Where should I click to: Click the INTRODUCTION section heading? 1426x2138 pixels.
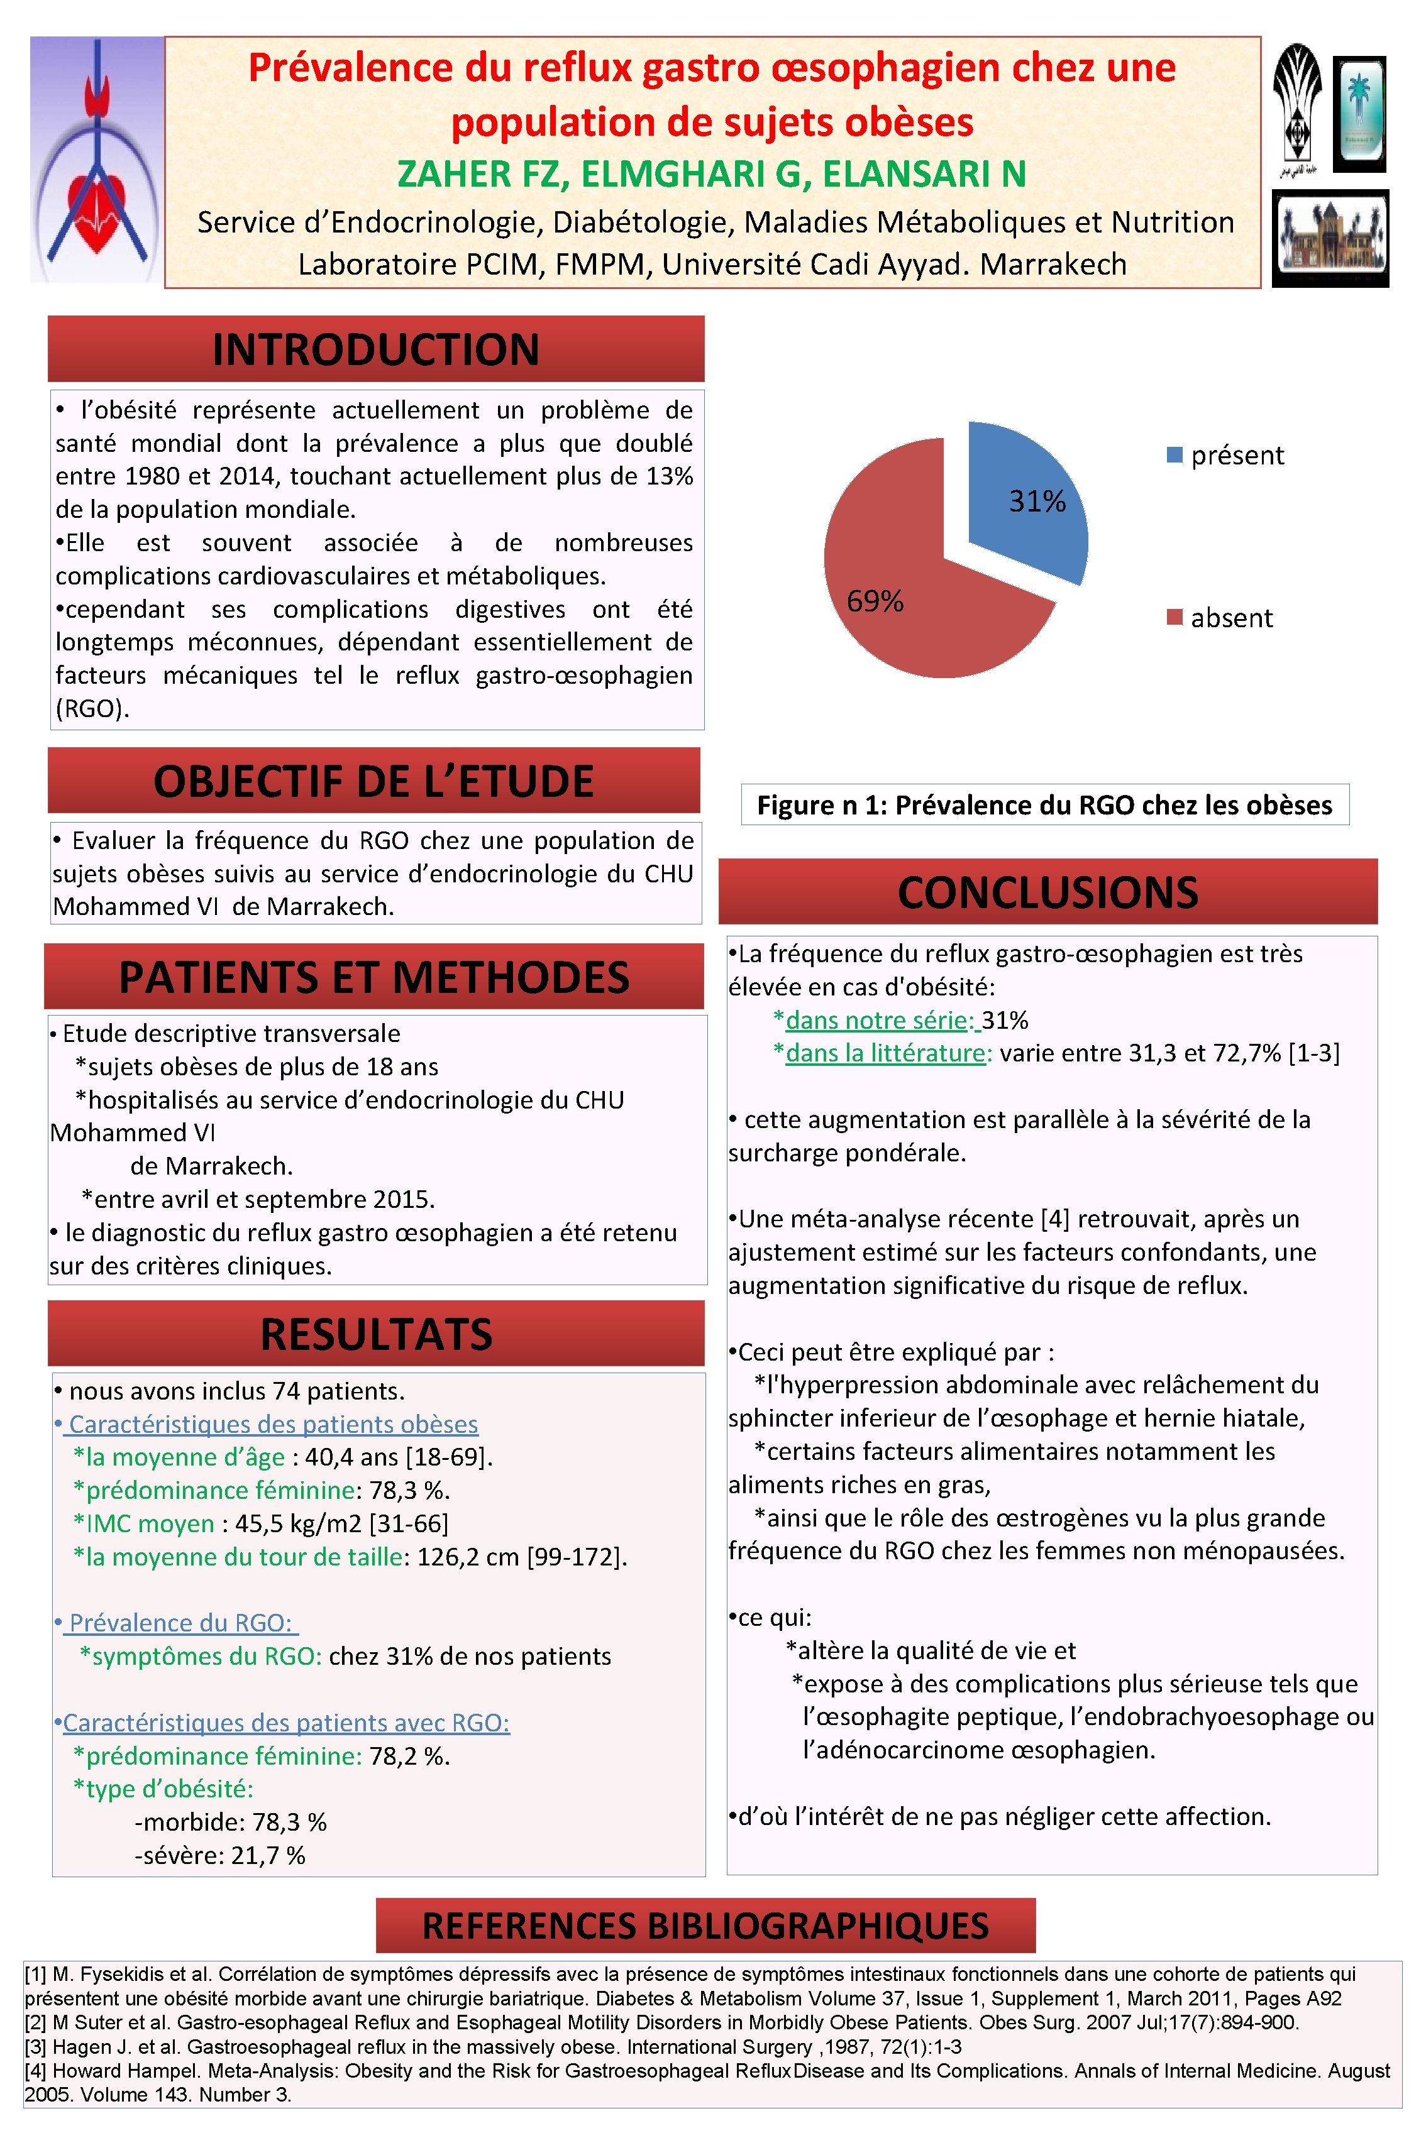375,349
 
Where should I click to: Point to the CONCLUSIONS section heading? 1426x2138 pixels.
1047,892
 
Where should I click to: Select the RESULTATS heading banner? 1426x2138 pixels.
375,1334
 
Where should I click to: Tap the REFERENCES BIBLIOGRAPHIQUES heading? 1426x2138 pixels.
705,1926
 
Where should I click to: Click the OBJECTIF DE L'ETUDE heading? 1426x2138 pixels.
373,781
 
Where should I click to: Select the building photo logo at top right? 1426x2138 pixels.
1330,239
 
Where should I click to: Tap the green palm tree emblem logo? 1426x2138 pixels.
1359,114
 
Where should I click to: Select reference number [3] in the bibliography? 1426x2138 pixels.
36,2047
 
